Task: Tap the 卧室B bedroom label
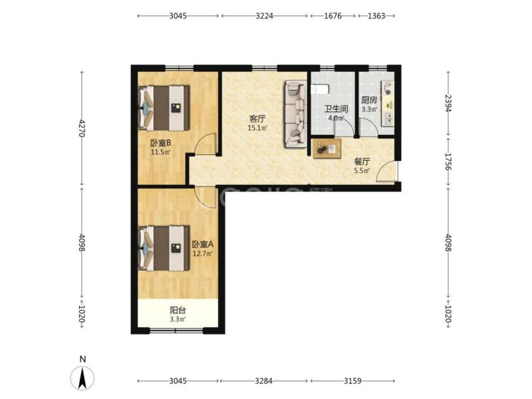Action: click(161, 142)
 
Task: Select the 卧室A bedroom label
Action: click(202, 244)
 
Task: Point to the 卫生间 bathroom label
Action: click(336, 110)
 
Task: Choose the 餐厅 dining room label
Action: click(362, 161)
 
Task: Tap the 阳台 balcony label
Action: click(178, 309)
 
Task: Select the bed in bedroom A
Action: click(164, 248)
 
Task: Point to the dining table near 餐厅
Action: click(327, 148)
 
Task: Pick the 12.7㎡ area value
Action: click(202, 253)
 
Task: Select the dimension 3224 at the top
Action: click(265, 15)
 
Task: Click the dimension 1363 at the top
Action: click(376, 15)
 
